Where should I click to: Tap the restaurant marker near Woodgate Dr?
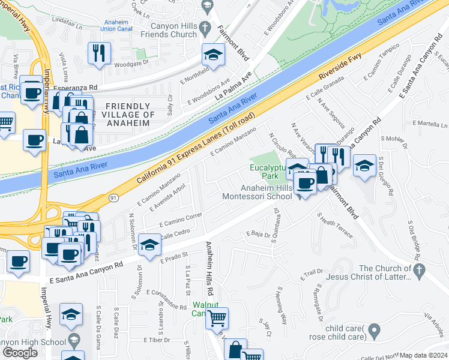(97, 53)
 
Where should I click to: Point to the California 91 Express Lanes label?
(196, 147)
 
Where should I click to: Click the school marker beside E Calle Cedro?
(149, 244)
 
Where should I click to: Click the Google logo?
(20, 353)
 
